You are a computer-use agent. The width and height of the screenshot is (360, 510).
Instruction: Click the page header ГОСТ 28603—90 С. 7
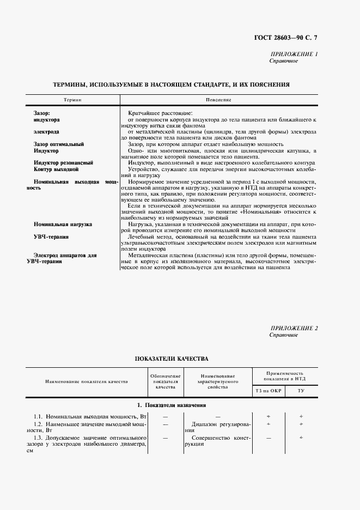293,37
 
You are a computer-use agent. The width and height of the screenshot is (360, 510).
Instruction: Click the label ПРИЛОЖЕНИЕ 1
294,54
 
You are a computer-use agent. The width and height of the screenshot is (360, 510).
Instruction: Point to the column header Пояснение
218,100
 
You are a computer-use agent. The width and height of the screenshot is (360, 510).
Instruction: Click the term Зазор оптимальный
58,144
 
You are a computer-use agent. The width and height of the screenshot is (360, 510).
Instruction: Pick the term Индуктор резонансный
63,162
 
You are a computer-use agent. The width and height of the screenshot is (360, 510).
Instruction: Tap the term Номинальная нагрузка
63,224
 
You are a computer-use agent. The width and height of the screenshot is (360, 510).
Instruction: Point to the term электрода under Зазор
46,132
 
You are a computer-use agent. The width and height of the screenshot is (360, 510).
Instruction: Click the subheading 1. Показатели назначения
171,405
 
